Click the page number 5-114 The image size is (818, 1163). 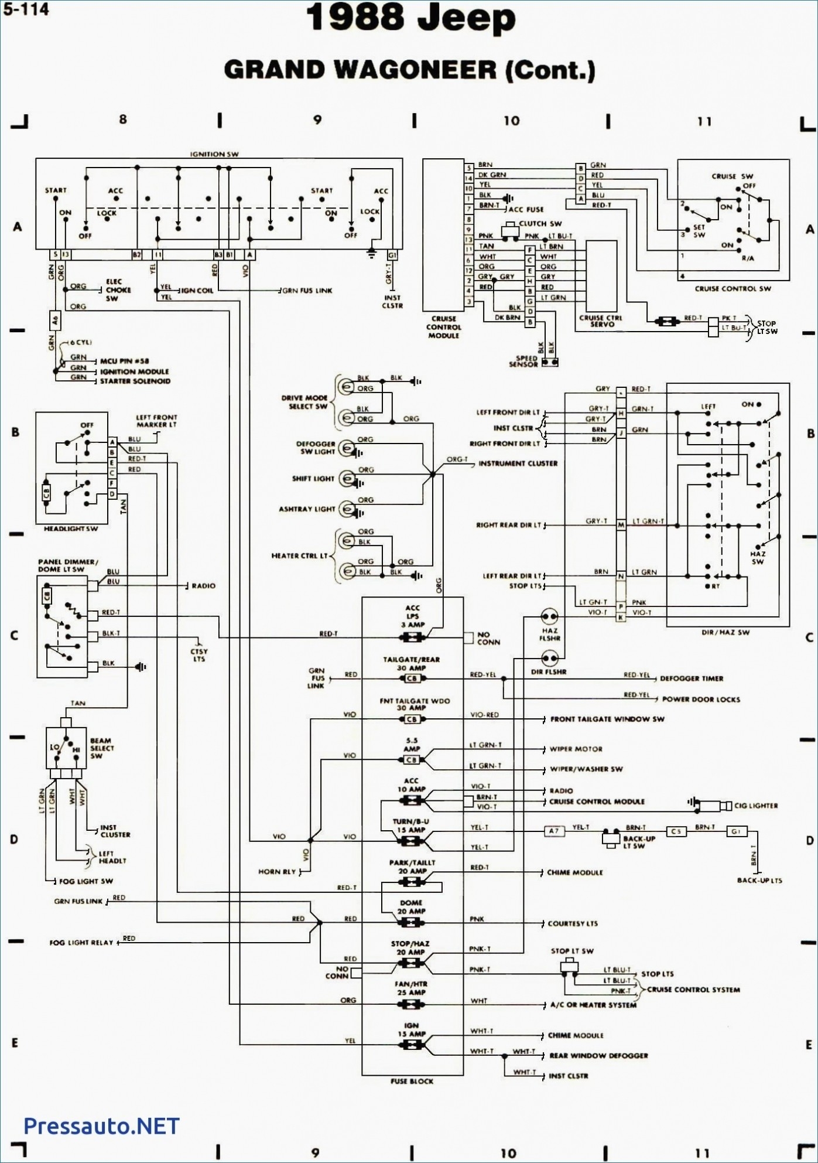25,9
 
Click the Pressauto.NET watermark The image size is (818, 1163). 101,1126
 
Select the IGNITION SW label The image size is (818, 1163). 215,154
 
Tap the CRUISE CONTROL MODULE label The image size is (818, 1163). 443,327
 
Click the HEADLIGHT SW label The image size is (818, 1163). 71,528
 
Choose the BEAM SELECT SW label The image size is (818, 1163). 102,748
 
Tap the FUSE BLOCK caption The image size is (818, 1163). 412,1081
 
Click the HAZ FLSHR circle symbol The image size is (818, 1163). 549,616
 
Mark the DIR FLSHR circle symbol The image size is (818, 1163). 549,659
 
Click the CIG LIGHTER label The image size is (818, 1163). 756,806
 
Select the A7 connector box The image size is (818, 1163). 554,831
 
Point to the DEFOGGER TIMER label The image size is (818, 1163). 692,678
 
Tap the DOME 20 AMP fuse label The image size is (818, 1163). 411,907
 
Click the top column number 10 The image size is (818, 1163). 511,121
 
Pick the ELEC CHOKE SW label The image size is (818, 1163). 118,290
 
